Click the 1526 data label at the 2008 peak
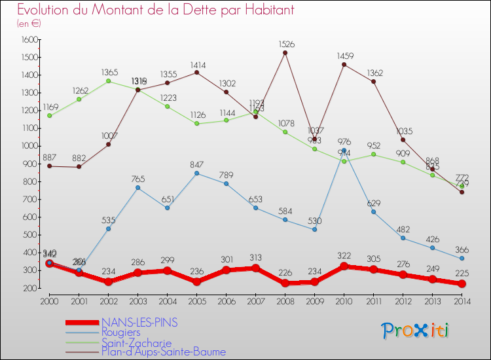click(x=286, y=45)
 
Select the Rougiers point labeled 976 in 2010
click(x=344, y=151)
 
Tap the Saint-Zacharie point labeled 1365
click(x=108, y=81)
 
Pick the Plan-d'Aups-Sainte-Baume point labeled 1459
click(x=344, y=64)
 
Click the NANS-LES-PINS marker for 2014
click(x=462, y=284)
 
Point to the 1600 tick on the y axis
click(x=30, y=40)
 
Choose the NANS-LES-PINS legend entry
click(x=139, y=323)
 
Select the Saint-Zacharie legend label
click(x=136, y=342)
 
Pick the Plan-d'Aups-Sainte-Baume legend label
click(x=164, y=352)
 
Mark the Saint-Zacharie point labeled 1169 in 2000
click(x=49, y=116)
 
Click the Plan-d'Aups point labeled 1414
click(x=196, y=72)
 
